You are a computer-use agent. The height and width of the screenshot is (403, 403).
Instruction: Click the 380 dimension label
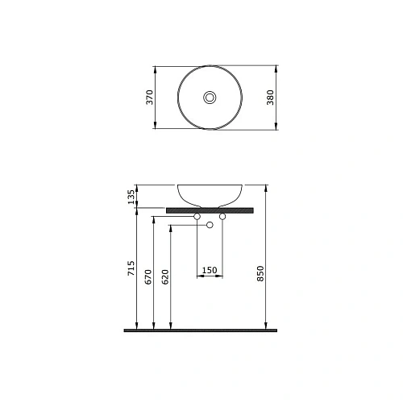coord(286,98)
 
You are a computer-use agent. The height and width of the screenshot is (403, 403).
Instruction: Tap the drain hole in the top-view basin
coord(210,98)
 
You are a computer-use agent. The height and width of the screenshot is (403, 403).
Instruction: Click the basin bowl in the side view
coord(210,194)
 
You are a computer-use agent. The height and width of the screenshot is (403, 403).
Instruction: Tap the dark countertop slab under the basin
coord(210,210)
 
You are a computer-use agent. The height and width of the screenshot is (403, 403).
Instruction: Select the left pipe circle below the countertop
coord(198,216)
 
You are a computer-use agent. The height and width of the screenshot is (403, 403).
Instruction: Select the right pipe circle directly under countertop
coord(222,216)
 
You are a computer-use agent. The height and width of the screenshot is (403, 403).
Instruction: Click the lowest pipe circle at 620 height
coord(210,225)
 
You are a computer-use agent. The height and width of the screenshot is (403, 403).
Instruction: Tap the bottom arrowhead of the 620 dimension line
coord(171,326)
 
